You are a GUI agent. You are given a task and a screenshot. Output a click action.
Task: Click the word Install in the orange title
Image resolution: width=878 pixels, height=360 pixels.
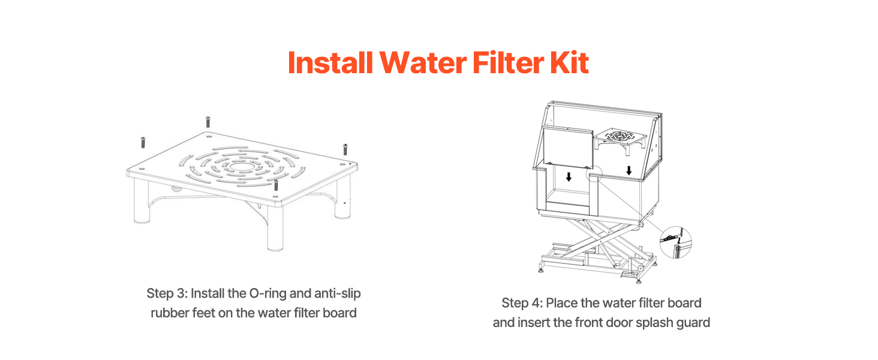pyautogui.click(x=330, y=63)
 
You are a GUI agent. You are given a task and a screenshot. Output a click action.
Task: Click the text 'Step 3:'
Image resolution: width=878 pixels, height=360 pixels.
pyautogui.click(x=167, y=294)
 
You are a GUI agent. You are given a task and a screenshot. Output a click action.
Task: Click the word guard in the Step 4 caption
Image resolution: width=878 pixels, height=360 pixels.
pyautogui.click(x=693, y=323)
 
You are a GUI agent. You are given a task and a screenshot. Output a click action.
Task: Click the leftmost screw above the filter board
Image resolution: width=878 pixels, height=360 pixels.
pyautogui.click(x=143, y=142)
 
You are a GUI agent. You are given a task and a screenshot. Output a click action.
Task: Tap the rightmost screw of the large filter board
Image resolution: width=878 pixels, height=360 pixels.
pyautogui.click(x=345, y=149)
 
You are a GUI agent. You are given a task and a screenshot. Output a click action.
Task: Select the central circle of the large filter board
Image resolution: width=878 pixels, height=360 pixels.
pyautogui.click(x=242, y=167)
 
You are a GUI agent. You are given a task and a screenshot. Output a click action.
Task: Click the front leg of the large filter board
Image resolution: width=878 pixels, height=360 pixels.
pyautogui.click(x=275, y=227)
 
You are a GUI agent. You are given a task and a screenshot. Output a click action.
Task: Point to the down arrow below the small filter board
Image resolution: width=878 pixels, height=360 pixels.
pyautogui.click(x=629, y=170)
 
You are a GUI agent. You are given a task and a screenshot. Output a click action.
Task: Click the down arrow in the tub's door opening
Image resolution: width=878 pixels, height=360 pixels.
pyautogui.click(x=569, y=177)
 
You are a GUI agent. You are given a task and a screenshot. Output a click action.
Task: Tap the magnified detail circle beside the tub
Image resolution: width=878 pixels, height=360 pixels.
pyautogui.click(x=676, y=242)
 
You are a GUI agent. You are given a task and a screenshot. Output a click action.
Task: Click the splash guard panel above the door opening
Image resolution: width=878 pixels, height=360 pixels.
pyautogui.click(x=568, y=146)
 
